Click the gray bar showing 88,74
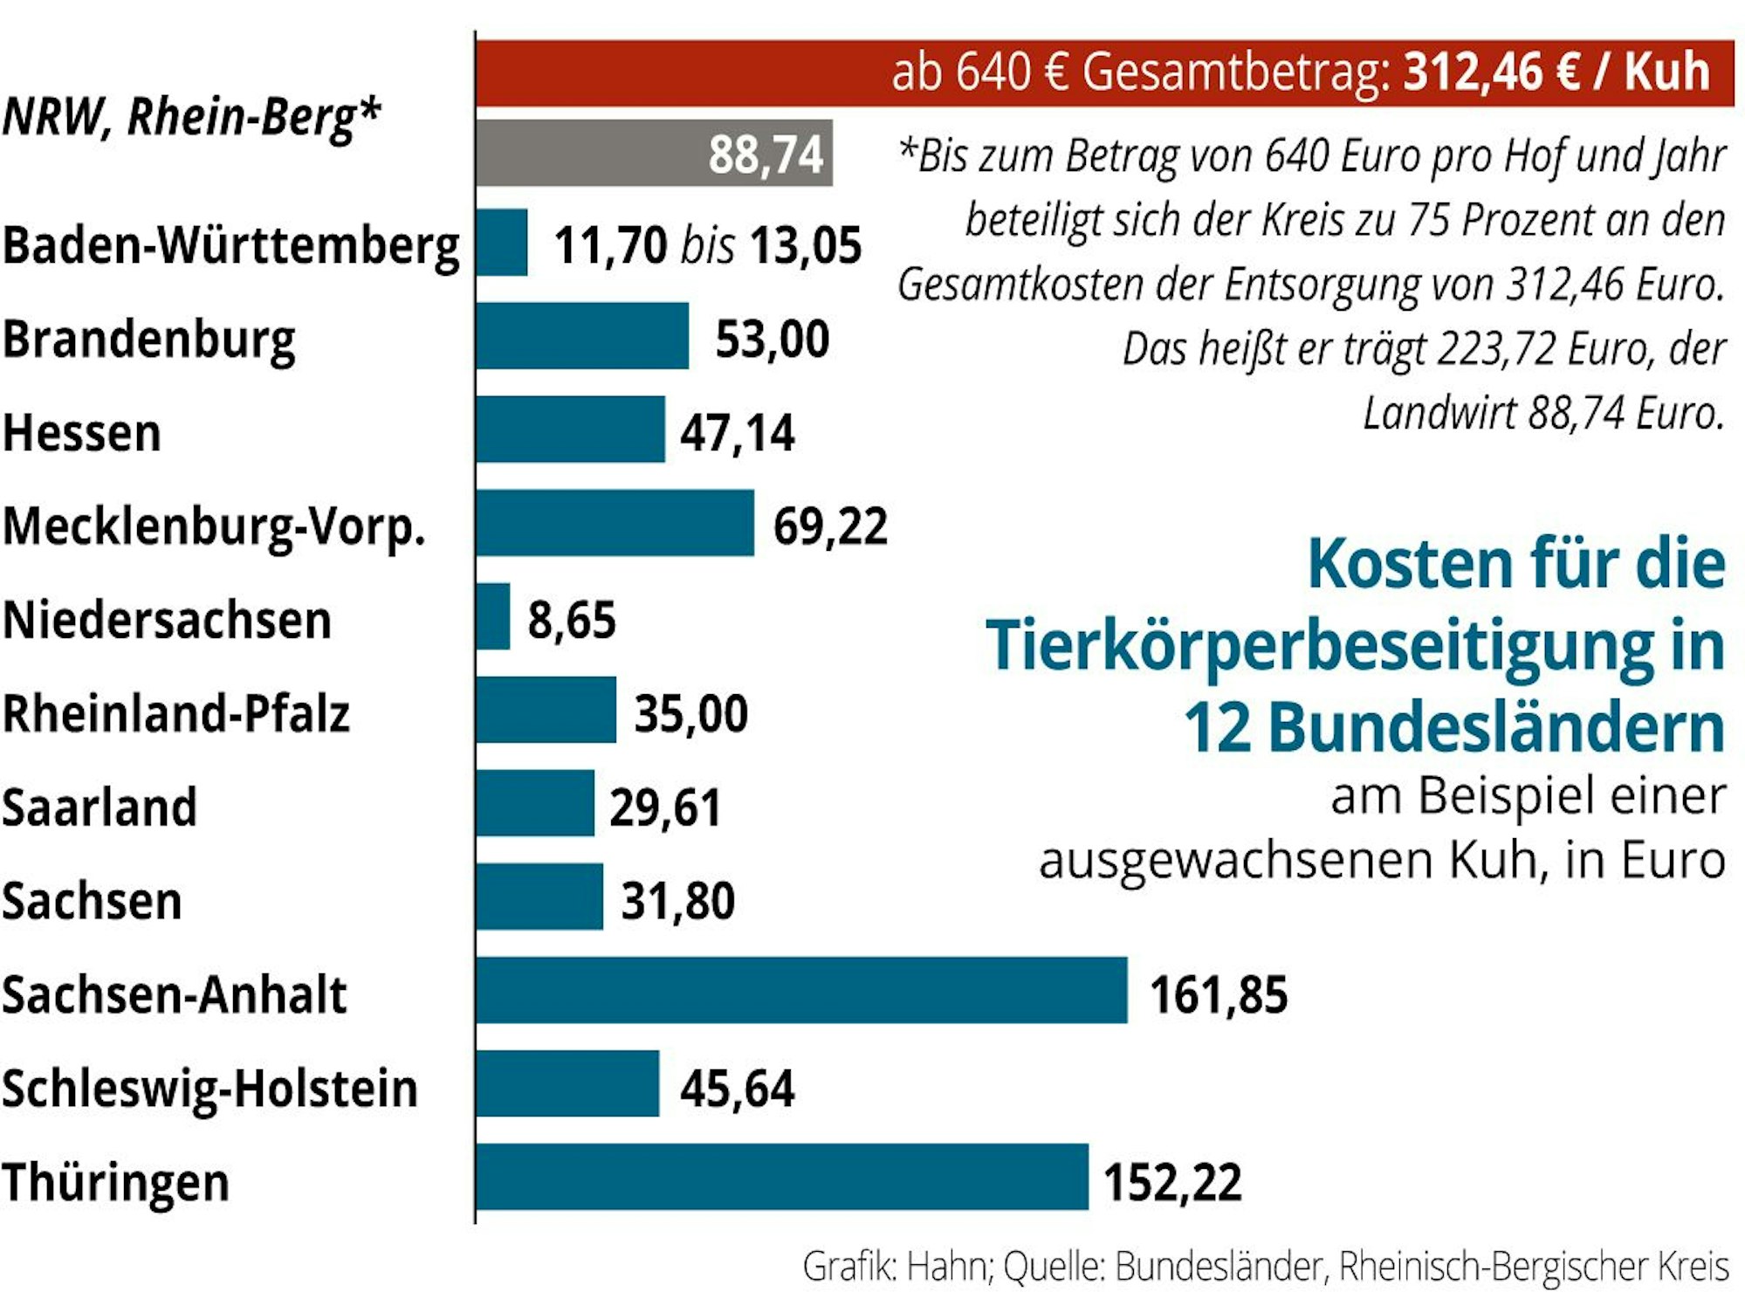pos(654,154)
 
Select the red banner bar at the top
pos(1104,73)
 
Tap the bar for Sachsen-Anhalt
pos(801,990)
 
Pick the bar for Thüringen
pos(782,1177)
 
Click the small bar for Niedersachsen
pos(493,616)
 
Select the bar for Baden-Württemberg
pos(502,243)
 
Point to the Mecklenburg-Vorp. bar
pos(615,523)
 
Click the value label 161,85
pos(1218,995)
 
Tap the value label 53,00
pos(772,340)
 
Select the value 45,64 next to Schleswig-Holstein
pos(737,1089)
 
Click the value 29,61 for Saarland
pos(665,808)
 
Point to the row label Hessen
pos(82,433)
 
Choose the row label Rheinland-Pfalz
pos(175,714)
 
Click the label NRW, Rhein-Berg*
pos(192,118)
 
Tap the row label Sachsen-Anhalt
pos(174,994)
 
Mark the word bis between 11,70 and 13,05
pos(707,245)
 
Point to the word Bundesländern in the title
pos(1496,728)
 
